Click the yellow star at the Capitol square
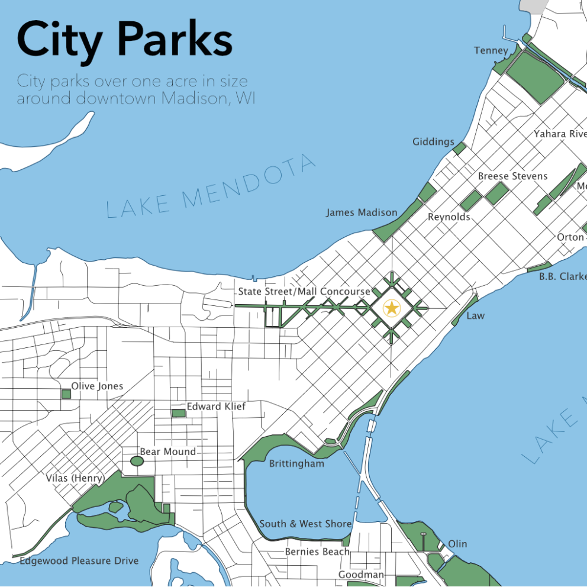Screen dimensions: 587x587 point(391,308)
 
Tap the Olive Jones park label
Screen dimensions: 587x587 point(97,386)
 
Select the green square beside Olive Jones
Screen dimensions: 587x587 point(66,394)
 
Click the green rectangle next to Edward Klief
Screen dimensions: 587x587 point(178,413)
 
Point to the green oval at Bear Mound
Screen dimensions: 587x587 point(136,460)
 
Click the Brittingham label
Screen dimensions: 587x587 point(296,464)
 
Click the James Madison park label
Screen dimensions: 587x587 point(362,212)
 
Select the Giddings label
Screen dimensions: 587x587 point(433,141)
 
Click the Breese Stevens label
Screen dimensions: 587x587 point(512,176)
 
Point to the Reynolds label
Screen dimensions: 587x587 point(449,217)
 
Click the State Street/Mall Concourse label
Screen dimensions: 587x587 point(304,292)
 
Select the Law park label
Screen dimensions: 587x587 point(475,316)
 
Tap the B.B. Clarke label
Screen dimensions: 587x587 point(562,276)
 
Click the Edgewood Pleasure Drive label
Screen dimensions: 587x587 point(79,560)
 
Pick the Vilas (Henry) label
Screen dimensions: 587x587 point(75,478)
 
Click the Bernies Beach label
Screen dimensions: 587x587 point(317,551)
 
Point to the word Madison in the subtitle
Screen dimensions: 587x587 point(195,98)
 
